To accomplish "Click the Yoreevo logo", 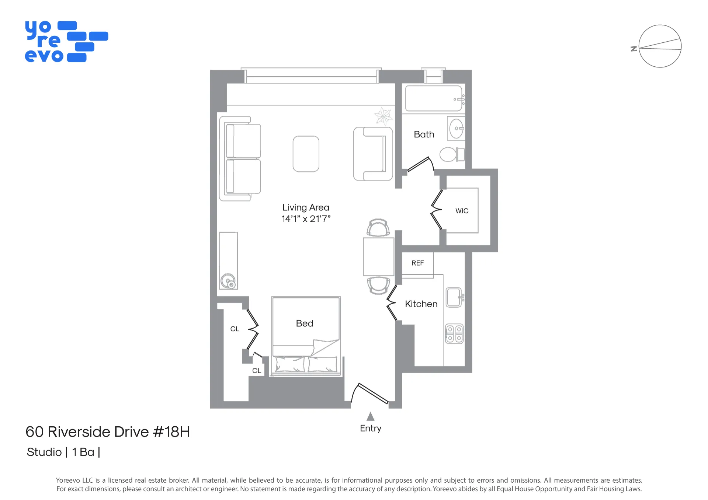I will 66,42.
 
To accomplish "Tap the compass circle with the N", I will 660,46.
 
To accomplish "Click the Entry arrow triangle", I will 371,417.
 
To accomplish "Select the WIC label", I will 462,211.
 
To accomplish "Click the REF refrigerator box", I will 417,263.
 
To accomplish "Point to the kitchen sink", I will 454,297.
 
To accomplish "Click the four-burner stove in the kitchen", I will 454,334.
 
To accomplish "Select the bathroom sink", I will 457,129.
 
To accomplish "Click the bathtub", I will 434,98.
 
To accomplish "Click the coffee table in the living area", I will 306,154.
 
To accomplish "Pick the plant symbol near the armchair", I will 383,116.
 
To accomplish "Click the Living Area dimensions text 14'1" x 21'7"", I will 306,219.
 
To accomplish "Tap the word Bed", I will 305,324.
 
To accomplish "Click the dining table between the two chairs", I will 378,257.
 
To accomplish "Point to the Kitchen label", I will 421,304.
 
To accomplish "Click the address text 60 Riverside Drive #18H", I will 108,432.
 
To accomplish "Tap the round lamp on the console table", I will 228,281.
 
